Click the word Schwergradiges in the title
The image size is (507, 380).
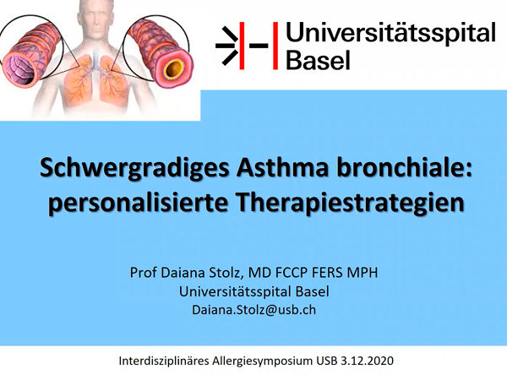134,168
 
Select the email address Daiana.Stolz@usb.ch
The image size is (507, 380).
253,310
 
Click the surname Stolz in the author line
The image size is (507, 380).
226,273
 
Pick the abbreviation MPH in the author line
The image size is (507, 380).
363,273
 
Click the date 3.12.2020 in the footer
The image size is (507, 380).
367,361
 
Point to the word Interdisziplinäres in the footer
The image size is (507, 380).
164,361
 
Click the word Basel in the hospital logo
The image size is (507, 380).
319,60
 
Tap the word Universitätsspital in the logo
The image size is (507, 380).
390,33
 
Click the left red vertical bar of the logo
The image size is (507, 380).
242,46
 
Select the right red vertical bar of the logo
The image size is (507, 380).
275,46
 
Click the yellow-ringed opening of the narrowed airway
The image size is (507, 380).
174,69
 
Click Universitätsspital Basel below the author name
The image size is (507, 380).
253,291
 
